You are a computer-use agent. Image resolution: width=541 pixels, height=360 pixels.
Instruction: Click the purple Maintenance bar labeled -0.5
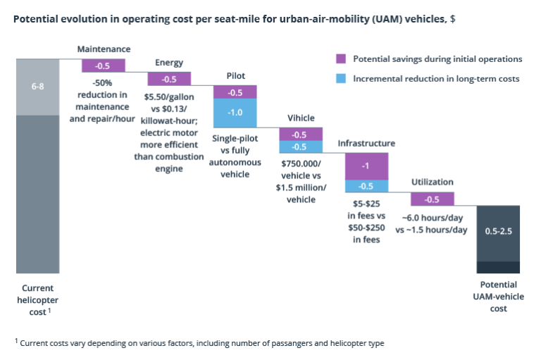104,66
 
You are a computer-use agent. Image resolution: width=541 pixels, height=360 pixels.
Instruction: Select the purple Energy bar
169,79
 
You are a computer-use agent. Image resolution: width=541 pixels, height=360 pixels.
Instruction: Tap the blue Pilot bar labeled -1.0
235,113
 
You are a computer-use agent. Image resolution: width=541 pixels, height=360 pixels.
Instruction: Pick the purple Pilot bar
235,92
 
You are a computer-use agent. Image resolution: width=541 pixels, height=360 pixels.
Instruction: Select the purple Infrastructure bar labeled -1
366,166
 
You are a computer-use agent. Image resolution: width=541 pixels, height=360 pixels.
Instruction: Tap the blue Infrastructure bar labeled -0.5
366,186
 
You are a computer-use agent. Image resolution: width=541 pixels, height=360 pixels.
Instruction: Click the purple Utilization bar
432,199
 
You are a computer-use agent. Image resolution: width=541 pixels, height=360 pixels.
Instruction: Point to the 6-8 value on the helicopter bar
38,86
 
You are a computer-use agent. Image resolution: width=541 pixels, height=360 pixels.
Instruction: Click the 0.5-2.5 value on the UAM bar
498,231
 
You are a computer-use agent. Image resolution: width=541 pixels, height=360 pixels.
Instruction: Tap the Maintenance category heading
104,49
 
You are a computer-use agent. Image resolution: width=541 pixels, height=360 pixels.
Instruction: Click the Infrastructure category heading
366,143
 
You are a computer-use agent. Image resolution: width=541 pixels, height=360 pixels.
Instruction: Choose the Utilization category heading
432,182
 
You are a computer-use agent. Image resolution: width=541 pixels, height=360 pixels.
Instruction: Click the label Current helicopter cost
38,299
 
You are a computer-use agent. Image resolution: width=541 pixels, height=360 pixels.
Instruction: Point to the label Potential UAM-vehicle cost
498,296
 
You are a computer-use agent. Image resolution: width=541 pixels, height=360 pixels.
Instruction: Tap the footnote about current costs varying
201,343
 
